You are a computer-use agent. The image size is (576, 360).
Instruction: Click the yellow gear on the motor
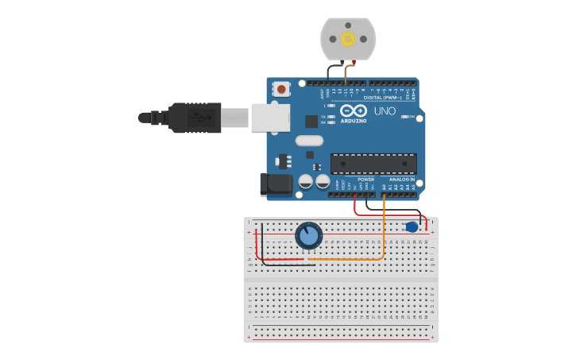(x=348, y=38)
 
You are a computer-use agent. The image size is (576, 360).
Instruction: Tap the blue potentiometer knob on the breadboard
(x=308, y=235)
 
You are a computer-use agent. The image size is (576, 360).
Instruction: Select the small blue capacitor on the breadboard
(x=412, y=227)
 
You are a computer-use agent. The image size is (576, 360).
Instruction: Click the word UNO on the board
(x=385, y=111)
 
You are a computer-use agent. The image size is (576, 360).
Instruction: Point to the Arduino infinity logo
(x=354, y=110)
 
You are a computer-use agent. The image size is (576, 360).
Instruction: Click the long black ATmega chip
(x=373, y=164)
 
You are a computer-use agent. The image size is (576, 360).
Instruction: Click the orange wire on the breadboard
(x=350, y=258)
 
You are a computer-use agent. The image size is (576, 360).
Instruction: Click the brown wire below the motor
(x=346, y=74)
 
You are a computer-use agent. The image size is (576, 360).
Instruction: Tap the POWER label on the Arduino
(x=365, y=180)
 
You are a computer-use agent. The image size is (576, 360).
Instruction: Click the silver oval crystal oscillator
(x=309, y=141)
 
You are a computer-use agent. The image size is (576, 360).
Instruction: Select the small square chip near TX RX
(x=311, y=122)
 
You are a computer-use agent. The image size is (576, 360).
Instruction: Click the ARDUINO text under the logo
(x=354, y=121)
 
